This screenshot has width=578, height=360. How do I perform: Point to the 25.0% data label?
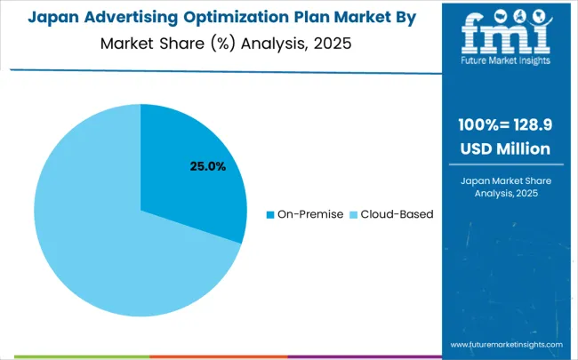click(206, 166)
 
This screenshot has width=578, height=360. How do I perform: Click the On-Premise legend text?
click(310, 214)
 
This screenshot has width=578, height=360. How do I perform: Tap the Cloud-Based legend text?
click(397, 214)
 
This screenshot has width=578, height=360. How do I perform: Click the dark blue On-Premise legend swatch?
click(270, 214)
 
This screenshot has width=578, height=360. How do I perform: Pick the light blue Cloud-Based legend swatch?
click(353, 214)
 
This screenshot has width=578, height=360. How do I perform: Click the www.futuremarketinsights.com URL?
click(506, 344)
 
